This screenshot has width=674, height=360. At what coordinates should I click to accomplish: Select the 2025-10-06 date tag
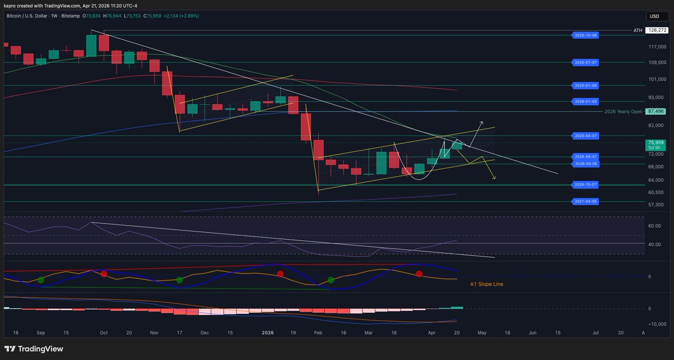[x=586, y=35]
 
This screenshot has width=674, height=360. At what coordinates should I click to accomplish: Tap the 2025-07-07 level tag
[x=586, y=62]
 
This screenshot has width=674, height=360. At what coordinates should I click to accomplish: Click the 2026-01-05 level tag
[x=586, y=102]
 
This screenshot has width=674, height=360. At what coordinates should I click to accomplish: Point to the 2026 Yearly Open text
[x=623, y=111]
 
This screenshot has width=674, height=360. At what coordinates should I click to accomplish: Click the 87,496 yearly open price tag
[x=655, y=111]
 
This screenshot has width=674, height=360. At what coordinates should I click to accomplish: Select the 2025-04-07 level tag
[x=586, y=136]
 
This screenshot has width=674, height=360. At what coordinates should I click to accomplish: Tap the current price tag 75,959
[x=655, y=143]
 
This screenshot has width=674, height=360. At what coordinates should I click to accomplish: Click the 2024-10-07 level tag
[x=586, y=184]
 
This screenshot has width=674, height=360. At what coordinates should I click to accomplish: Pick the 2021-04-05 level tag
[x=586, y=201]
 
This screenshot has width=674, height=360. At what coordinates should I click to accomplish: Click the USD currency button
[x=655, y=16]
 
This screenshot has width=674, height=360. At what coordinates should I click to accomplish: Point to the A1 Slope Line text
[x=486, y=285]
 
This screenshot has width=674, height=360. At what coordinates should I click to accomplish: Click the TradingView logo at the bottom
[x=34, y=349]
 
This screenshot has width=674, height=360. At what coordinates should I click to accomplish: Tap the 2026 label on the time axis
[x=268, y=333]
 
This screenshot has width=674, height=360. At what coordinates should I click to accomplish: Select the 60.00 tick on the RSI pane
[x=654, y=226]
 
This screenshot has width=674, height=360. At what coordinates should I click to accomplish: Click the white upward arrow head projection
[x=481, y=121]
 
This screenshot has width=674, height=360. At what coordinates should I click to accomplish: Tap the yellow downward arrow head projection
[x=495, y=178]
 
